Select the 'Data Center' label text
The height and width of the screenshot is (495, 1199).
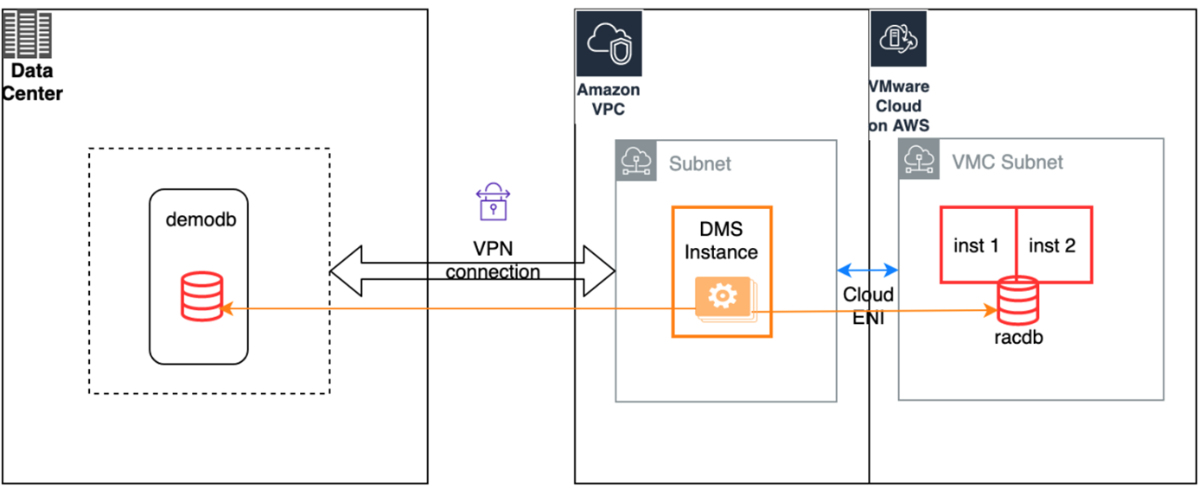(32, 83)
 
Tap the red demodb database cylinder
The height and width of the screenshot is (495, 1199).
(201, 296)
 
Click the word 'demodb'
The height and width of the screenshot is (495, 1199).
(201, 220)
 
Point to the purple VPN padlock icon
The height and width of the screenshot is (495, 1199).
(490, 201)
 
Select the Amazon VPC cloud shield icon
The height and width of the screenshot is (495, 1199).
(609, 41)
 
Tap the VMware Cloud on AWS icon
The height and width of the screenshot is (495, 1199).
(898, 39)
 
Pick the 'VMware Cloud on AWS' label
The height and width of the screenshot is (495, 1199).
(899, 106)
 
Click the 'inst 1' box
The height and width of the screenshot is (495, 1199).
(977, 245)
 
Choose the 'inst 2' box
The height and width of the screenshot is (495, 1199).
(1053, 245)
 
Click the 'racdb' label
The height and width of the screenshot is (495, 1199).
(1018, 338)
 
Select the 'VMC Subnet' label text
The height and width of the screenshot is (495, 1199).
(1007, 162)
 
